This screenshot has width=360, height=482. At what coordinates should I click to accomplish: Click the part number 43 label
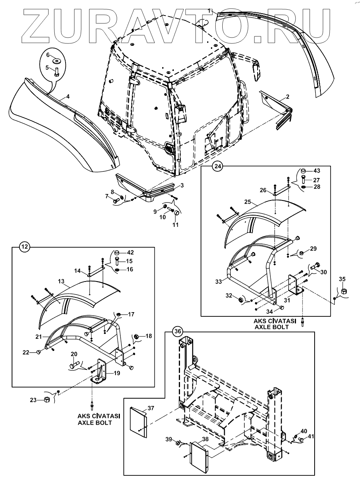(317, 171)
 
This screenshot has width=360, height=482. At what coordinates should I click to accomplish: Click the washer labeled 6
(57, 60)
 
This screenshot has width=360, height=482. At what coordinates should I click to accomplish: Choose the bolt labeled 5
(56, 71)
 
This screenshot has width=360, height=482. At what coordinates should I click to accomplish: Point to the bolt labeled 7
(116, 200)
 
